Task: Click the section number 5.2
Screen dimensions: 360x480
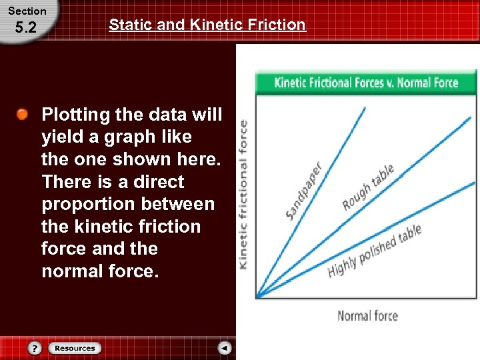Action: pyautogui.click(x=25, y=28)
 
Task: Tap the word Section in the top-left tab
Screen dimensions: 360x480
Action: pyautogui.click(x=27, y=11)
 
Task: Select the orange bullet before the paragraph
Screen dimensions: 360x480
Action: pyautogui.click(x=23, y=115)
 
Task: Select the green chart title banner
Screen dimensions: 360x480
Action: pyautogui.click(x=366, y=83)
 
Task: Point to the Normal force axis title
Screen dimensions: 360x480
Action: pyautogui.click(x=367, y=315)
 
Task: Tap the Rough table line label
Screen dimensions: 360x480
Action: pyautogui.click(x=368, y=188)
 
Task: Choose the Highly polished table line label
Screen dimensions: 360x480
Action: pyautogui.click(x=375, y=252)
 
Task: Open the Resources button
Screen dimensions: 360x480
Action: pyautogui.click(x=75, y=348)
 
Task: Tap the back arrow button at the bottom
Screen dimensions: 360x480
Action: pyautogui.click(x=225, y=348)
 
